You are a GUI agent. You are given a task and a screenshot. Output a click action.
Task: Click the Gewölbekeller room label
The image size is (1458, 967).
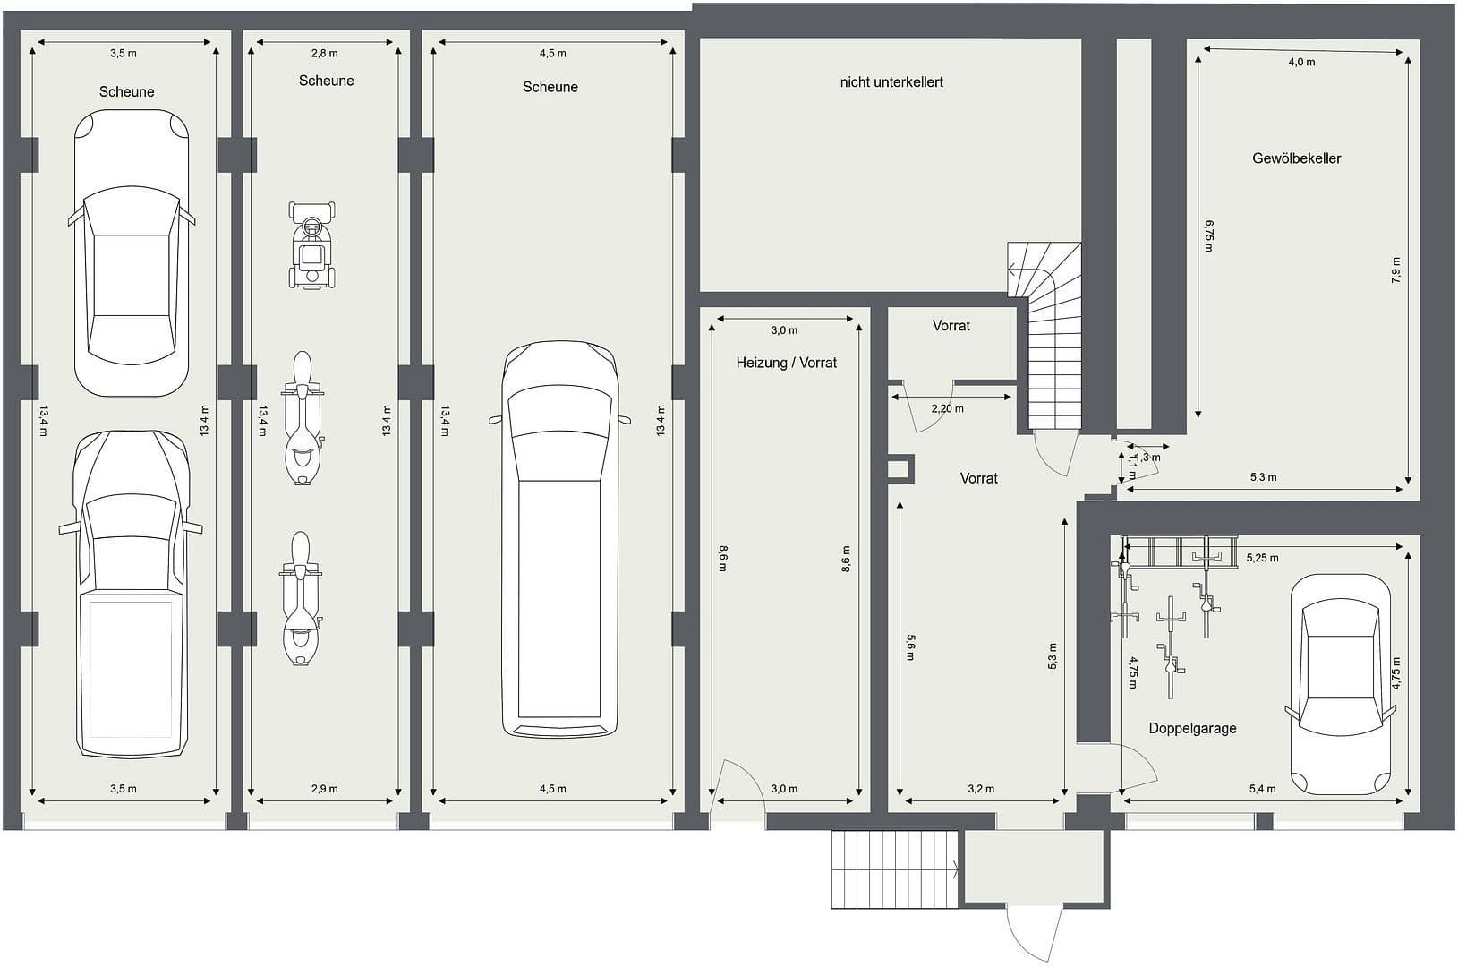(1296, 158)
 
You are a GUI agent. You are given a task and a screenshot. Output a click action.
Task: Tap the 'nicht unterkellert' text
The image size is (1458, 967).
(891, 82)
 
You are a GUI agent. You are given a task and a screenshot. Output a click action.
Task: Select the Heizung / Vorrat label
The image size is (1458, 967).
(786, 363)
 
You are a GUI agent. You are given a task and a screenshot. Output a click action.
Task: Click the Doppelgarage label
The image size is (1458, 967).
(1192, 728)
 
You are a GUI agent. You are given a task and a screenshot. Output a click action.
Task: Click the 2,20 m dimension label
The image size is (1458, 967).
(947, 408)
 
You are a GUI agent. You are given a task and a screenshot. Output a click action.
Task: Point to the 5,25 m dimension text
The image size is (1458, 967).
(1262, 558)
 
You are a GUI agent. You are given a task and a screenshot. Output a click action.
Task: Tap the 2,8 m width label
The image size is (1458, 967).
(324, 54)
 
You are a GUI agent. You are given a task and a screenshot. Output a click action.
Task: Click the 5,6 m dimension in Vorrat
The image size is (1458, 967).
(910, 647)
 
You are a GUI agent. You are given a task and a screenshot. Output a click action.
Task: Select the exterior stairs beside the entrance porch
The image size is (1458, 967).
(895, 869)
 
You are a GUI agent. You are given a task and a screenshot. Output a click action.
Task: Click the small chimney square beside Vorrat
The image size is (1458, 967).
(898, 469)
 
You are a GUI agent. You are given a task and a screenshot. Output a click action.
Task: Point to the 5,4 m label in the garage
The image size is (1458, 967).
(1262, 789)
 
